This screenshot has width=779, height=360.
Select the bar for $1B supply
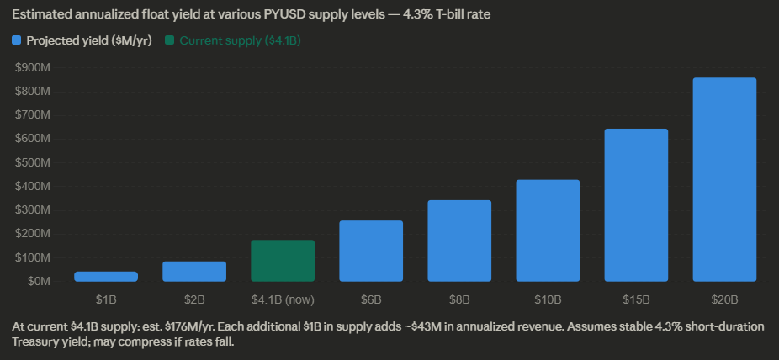[x=106, y=276]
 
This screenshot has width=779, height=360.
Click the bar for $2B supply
[x=194, y=271]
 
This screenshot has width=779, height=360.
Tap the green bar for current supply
[x=283, y=261]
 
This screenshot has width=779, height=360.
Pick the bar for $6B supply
[x=371, y=251]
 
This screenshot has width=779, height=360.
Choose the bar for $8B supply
[x=459, y=241]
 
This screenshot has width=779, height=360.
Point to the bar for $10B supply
[x=548, y=230]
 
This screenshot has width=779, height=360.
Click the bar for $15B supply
[x=636, y=204]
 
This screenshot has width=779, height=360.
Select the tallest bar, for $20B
[x=724, y=179]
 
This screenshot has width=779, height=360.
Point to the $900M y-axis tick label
[x=33, y=67]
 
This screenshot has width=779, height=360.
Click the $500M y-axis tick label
[x=33, y=162]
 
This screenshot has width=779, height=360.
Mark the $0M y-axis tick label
[x=39, y=281]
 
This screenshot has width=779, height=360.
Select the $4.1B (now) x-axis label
[x=283, y=299]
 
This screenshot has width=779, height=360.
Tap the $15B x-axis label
[x=636, y=299]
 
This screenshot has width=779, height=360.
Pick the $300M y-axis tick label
[x=33, y=209]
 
